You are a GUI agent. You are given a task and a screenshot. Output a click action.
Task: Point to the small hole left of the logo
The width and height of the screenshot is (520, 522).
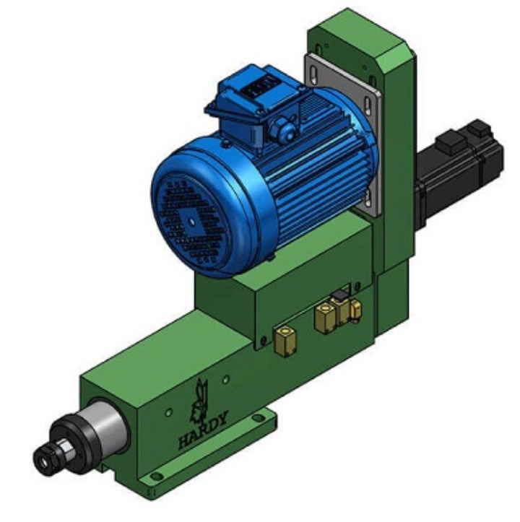[x=168, y=413]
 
